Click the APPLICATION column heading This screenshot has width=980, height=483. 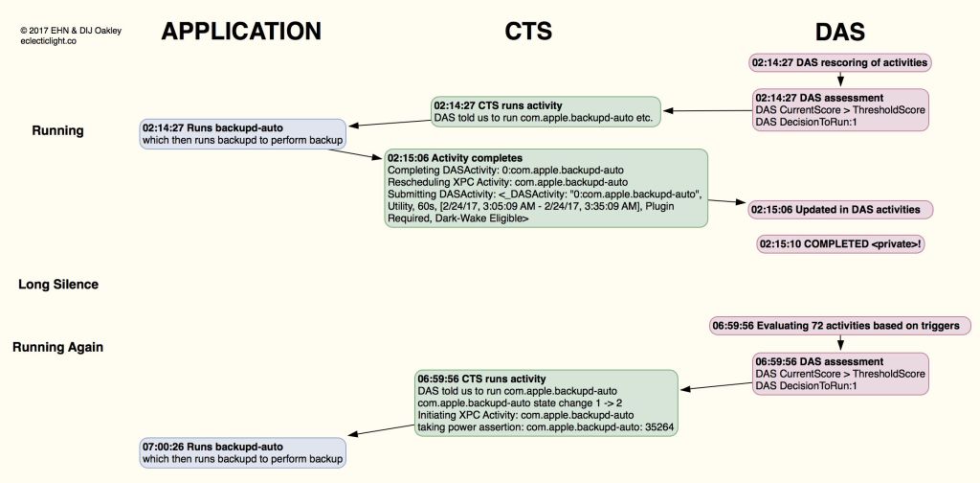click(240, 32)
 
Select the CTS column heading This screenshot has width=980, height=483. click(528, 32)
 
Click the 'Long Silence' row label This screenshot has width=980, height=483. click(57, 285)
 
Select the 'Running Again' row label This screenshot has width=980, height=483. click(57, 347)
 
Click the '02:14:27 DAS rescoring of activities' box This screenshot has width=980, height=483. click(839, 63)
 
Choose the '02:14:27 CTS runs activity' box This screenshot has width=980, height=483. click(546, 111)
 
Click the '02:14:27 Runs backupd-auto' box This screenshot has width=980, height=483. click(242, 133)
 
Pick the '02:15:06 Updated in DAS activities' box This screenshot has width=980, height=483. click(840, 209)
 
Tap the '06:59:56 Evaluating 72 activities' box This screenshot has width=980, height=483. click(840, 326)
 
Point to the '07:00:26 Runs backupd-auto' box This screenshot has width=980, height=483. click(242, 452)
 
